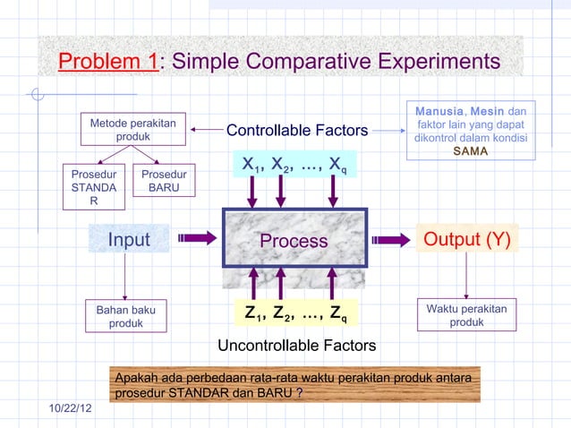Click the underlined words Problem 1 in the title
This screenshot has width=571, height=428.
pyautogui.click(x=108, y=62)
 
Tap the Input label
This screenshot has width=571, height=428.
pyautogui.click(x=129, y=240)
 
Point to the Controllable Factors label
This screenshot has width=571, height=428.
pyautogui.click(x=297, y=132)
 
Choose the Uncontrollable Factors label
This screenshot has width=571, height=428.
pyautogui.click(x=297, y=346)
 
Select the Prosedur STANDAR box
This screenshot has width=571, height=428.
pyautogui.click(x=94, y=188)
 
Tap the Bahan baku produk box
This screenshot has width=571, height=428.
pyautogui.click(x=125, y=316)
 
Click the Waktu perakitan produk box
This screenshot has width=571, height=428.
pyautogui.click(x=466, y=315)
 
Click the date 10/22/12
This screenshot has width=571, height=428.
pyautogui.click(x=76, y=408)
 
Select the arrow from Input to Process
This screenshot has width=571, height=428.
pyautogui.click(x=198, y=238)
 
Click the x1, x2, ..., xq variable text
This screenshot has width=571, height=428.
pyautogui.click(x=295, y=165)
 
